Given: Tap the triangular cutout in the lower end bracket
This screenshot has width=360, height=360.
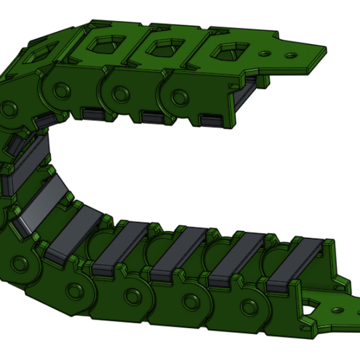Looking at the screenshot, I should pos(309,305).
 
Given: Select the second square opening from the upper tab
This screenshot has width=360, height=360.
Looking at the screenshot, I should pos(165,47).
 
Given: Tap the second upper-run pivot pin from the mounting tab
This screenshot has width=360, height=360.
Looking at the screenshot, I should pos(120,92).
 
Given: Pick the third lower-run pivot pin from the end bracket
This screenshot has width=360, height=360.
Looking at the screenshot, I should pos(131,296).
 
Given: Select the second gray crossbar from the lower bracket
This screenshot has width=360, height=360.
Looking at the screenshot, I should pos(236,259).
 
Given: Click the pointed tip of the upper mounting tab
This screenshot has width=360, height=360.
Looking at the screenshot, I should pos(325,49).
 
